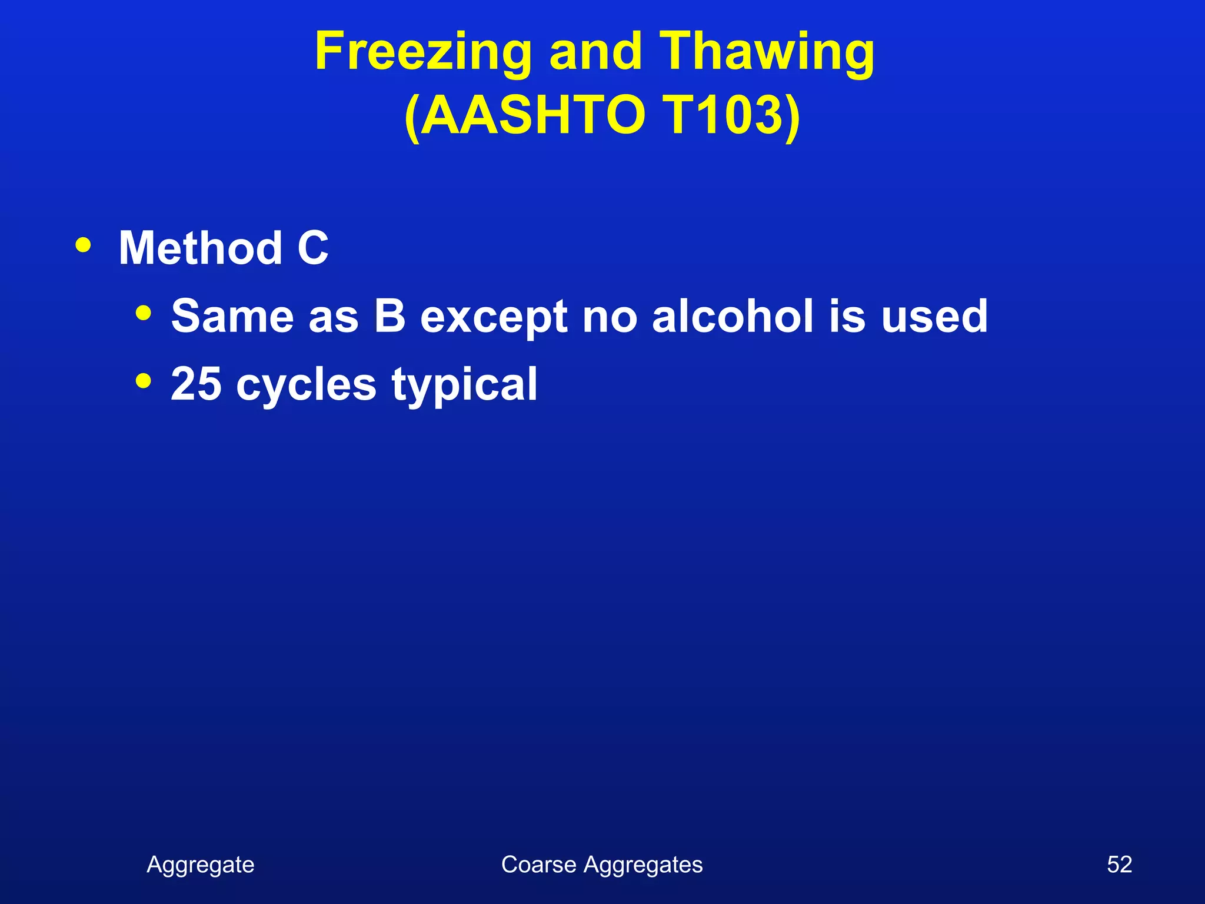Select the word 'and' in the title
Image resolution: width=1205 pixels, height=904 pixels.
595,52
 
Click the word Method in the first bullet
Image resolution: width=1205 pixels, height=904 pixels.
201,248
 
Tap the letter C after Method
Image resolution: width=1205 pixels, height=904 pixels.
312,248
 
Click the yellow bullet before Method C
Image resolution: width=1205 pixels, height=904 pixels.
84,245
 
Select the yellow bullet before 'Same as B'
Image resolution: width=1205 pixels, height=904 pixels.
143,313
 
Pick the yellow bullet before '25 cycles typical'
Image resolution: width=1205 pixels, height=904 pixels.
143,381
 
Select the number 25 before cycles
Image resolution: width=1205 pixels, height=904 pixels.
196,384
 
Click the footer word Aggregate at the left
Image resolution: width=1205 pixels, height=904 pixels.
201,865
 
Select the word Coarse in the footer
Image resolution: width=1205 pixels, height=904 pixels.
538,865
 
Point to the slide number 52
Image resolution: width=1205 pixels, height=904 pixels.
1119,865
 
